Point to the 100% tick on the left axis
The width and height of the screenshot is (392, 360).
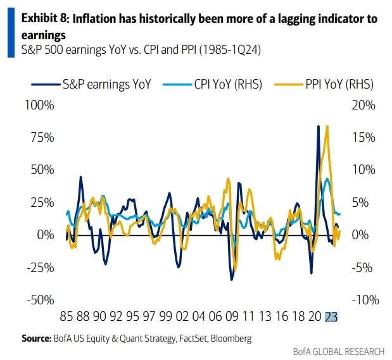click(x=39, y=104)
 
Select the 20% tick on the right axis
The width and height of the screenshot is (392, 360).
click(x=365, y=104)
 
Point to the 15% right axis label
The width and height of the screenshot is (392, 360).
click(x=365, y=137)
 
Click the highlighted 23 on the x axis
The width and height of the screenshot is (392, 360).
click(x=331, y=318)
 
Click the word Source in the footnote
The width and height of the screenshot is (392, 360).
click(x=35, y=339)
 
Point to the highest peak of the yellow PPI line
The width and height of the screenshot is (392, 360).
click(x=327, y=126)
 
